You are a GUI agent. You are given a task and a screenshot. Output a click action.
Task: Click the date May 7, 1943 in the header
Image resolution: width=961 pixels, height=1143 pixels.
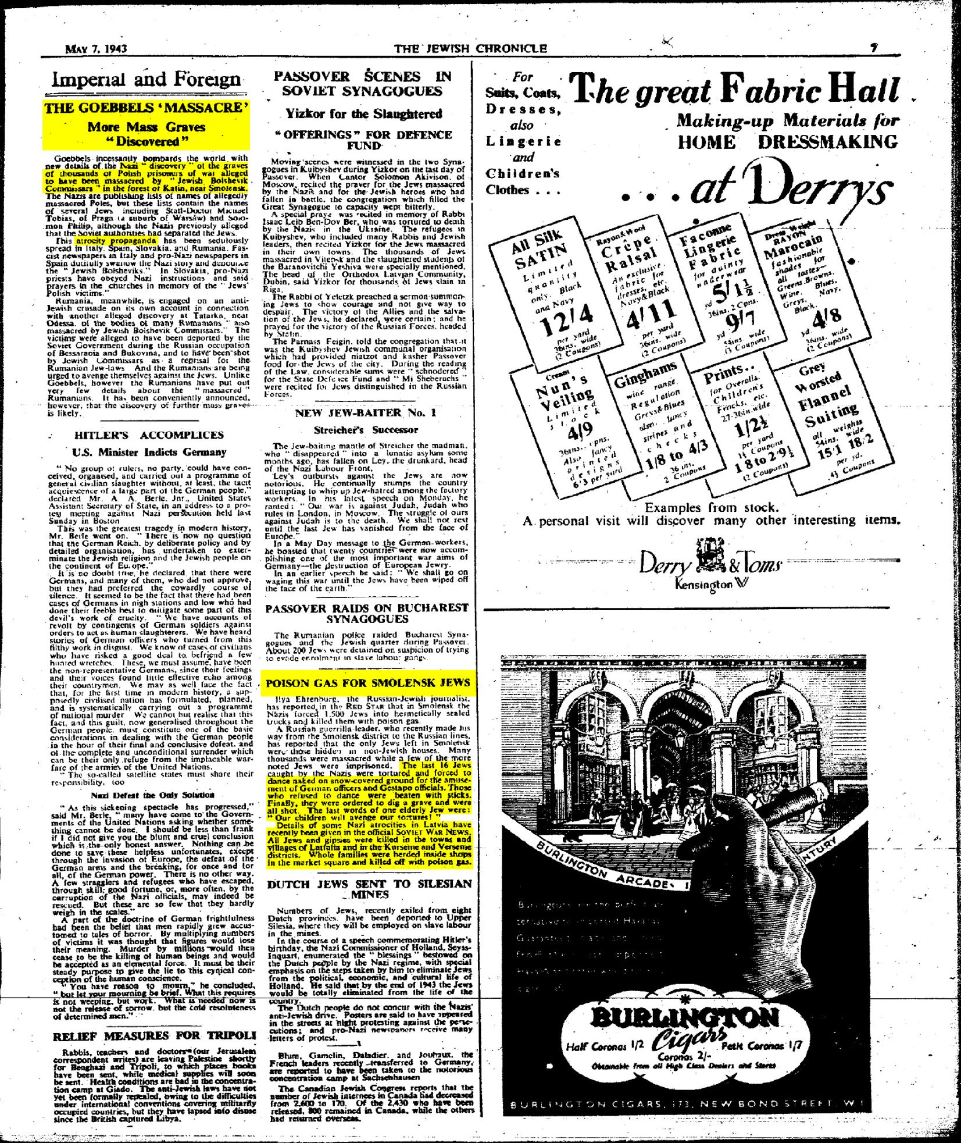[x=95, y=48]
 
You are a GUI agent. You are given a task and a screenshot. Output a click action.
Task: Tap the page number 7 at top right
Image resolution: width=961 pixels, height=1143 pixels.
[x=873, y=48]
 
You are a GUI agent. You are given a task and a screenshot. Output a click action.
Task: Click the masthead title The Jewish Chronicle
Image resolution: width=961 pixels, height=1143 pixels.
[x=470, y=48]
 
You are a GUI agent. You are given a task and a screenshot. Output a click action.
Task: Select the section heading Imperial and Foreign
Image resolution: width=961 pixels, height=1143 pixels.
[x=146, y=79]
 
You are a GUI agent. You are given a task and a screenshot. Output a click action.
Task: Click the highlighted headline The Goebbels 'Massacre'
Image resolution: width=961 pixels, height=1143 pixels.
[x=146, y=108]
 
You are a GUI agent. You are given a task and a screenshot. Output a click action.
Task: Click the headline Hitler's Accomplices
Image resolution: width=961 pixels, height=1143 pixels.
[x=149, y=435]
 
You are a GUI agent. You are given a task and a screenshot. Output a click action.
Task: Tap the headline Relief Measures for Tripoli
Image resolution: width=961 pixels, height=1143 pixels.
[x=154, y=1036]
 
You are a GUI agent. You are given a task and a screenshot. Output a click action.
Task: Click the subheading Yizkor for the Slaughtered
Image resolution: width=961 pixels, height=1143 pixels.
[x=363, y=114]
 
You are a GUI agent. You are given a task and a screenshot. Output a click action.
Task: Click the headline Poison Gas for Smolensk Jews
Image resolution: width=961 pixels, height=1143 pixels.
[x=367, y=683]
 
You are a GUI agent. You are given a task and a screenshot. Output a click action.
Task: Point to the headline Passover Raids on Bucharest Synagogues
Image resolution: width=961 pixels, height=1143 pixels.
[x=366, y=613]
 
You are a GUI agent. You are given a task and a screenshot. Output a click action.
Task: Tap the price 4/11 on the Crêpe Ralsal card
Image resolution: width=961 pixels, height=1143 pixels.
[x=650, y=315]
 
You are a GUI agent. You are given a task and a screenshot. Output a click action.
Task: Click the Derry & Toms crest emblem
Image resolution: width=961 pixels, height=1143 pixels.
[x=708, y=553]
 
